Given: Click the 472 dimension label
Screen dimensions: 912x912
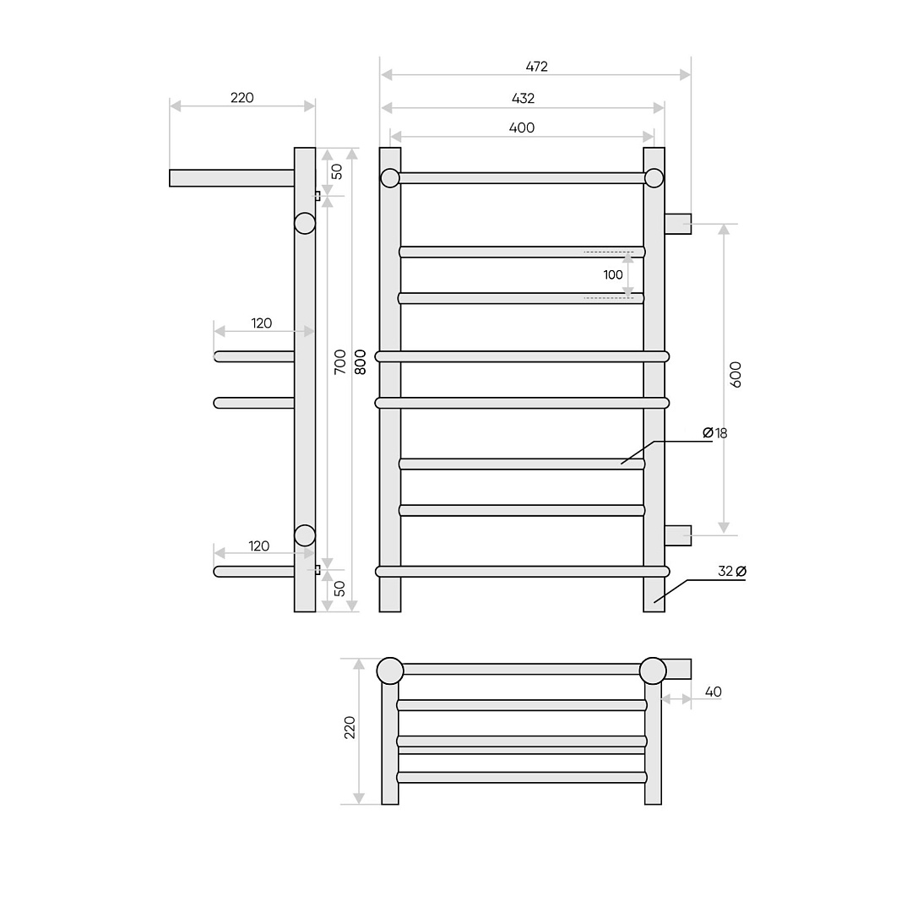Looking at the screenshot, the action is click(x=536, y=67).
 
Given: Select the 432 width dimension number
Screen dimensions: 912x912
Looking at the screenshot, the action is click(x=523, y=99).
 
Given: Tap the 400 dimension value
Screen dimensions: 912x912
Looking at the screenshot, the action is click(x=522, y=128).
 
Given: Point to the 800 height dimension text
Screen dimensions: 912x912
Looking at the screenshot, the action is click(x=361, y=361).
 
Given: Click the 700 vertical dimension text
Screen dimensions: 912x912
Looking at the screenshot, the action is click(x=340, y=361).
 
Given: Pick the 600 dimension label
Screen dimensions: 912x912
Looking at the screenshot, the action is click(x=736, y=375).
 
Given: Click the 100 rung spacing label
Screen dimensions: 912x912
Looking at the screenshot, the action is click(x=613, y=275).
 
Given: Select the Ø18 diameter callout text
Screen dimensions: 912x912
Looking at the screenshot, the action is click(x=715, y=433).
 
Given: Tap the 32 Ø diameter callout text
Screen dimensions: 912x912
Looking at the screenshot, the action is click(x=731, y=572).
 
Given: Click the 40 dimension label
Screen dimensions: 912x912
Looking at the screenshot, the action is click(x=713, y=692).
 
